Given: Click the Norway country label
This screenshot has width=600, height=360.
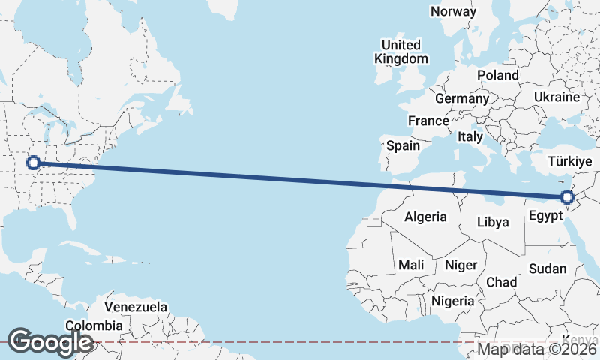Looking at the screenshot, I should pos(453,11).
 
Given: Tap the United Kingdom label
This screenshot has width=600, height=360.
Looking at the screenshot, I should pos(402,52).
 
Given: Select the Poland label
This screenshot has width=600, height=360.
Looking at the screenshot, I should pos(497,75).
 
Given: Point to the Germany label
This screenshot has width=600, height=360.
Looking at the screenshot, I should pos(461,99).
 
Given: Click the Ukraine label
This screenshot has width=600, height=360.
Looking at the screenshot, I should pos(556,97).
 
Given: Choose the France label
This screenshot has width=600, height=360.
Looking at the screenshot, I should pos(428,121).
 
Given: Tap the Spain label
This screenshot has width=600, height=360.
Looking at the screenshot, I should pos(403,146).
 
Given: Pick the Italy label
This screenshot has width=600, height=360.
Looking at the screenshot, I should pos(470,137).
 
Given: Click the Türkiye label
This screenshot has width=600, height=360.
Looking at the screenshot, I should pos(570,161).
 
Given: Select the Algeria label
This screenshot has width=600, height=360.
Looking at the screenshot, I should pos(425,217).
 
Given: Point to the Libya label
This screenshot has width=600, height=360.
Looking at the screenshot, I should pos(493,222).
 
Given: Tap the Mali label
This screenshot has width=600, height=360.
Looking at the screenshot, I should pos(411,265).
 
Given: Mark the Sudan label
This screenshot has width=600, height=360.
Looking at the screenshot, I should pos(547,268).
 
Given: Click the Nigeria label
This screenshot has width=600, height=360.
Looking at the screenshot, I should pos(453,301).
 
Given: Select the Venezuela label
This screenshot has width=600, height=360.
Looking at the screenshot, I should pos(136,307).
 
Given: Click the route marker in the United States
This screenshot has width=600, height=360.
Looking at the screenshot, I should pos(33,162).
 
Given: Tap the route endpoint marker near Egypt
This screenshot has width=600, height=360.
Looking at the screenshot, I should pos(567,197).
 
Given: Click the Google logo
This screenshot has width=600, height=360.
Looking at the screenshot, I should pos(50,341).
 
